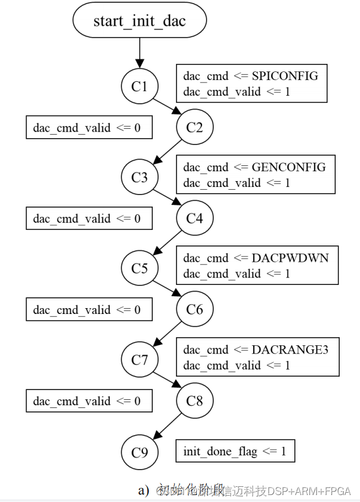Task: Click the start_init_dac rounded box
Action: [x=139, y=21]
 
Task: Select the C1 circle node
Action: [x=139, y=86]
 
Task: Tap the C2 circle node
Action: [x=195, y=127]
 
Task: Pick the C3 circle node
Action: [x=139, y=178]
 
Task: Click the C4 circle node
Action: [x=195, y=218]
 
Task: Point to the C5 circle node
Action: [x=139, y=269]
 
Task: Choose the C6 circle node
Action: [x=195, y=309]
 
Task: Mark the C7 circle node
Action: [x=139, y=360]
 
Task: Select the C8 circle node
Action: [x=195, y=400]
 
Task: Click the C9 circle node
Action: [x=139, y=452]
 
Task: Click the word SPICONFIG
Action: [x=285, y=76]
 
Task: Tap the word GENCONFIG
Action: [x=289, y=167]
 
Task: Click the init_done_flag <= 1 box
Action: [x=235, y=452]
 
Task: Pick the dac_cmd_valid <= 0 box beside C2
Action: [x=89, y=127]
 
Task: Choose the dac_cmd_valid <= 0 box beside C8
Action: [x=89, y=401]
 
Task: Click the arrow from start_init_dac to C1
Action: [x=139, y=55]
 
